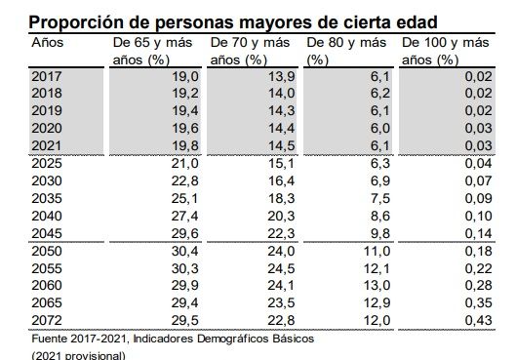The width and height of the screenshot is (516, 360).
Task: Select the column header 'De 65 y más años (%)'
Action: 154,51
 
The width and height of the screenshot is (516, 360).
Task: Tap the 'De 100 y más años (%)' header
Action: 448,51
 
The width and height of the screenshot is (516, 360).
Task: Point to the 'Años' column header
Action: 48,44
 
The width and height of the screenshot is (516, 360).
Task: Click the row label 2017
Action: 46,75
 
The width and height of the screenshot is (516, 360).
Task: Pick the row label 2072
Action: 46,318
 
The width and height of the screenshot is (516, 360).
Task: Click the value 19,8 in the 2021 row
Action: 183,144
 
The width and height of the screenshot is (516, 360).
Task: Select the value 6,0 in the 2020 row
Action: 380,127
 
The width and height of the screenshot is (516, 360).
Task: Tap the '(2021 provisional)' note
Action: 78,354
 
